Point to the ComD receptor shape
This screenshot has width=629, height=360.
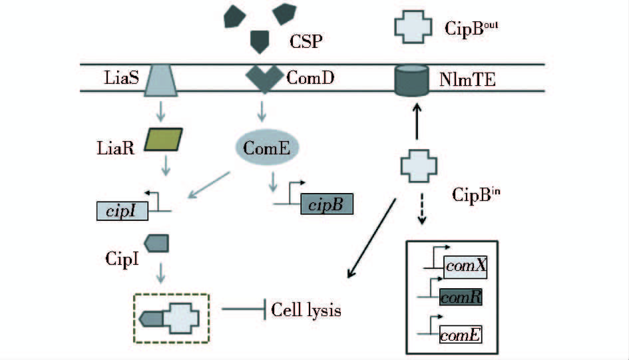(x=264, y=79)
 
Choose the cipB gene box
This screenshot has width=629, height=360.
(x=327, y=204)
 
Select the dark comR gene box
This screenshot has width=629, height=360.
(x=461, y=297)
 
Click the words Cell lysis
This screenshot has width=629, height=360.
(x=306, y=310)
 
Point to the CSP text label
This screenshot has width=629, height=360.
(x=306, y=43)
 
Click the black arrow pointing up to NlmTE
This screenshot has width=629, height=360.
(x=417, y=120)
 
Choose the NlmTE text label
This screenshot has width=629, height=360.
(x=467, y=81)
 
